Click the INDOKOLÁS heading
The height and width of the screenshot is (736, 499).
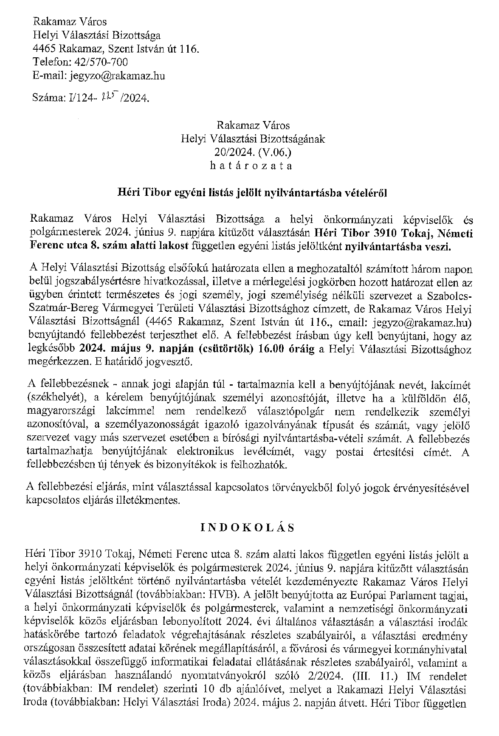coord(247,527)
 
